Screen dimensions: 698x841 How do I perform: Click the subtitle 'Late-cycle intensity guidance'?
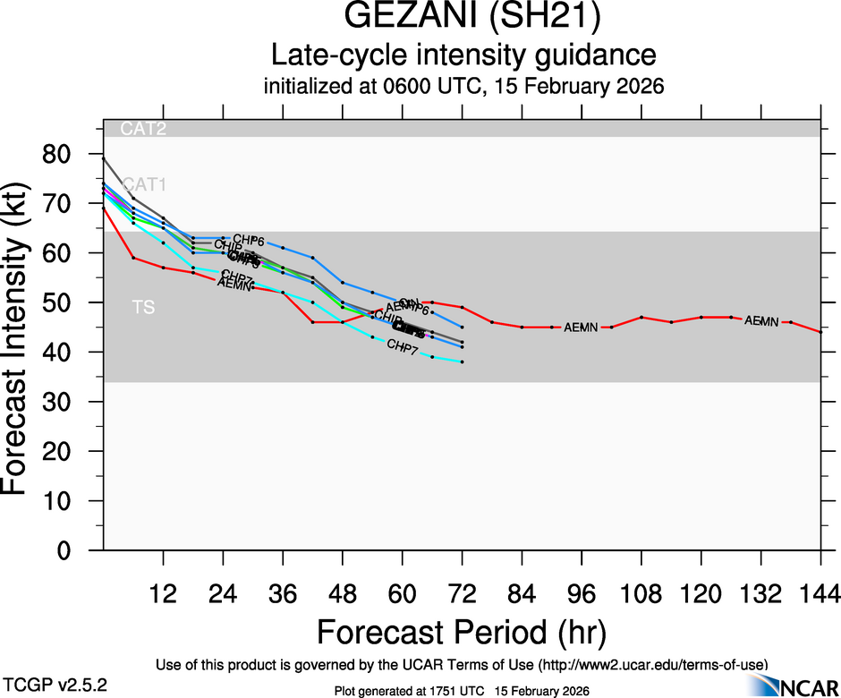[463, 55]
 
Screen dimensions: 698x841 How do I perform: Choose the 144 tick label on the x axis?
[821, 593]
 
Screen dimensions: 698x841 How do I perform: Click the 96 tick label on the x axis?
[582, 593]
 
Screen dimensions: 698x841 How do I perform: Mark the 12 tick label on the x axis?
[163, 593]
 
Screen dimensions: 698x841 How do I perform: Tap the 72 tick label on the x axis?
[462, 593]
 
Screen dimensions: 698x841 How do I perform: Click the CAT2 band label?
[143, 129]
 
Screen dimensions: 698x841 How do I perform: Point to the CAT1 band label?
[144, 185]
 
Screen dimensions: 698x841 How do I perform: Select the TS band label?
[143, 308]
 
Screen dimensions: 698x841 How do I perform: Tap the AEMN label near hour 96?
[581, 328]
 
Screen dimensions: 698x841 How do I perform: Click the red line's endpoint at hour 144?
[821, 332]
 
